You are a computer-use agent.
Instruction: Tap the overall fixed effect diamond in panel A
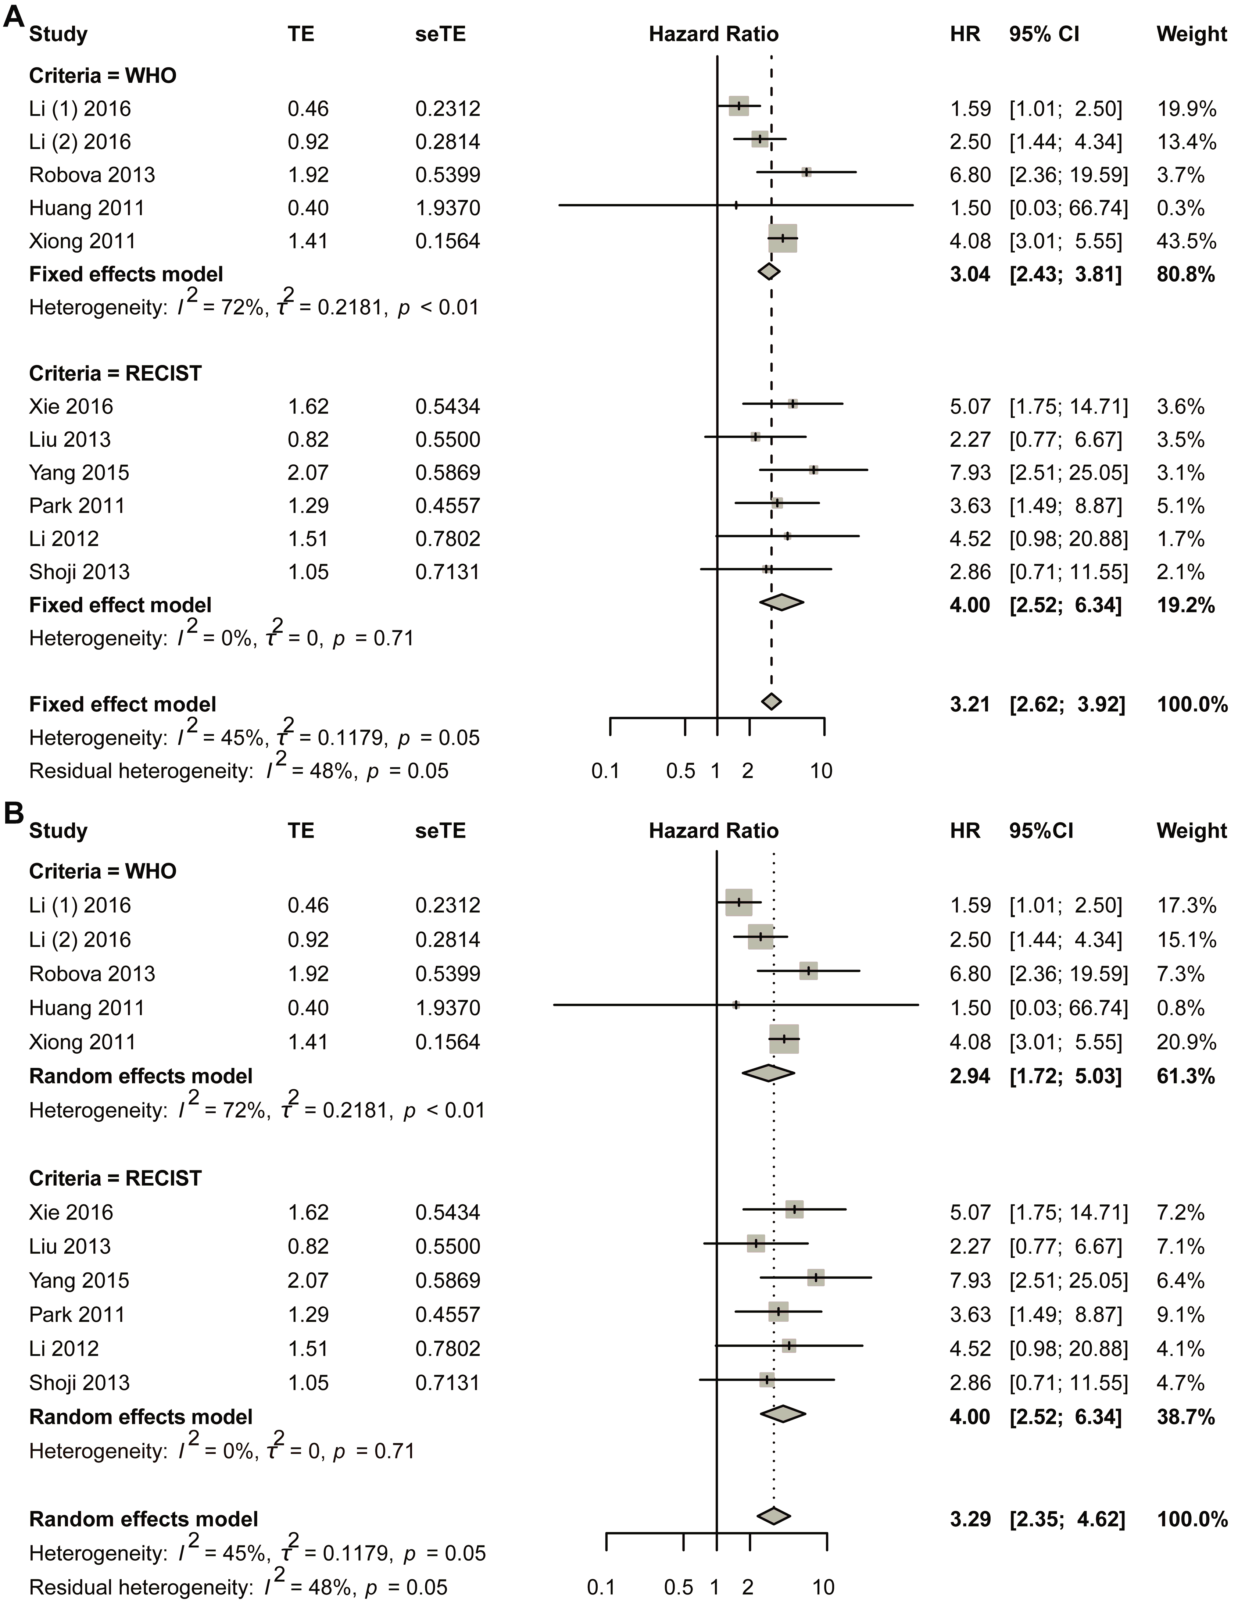[x=771, y=701]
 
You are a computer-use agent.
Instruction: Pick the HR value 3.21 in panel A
[x=970, y=704]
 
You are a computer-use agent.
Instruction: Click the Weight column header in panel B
[x=1191, y=830]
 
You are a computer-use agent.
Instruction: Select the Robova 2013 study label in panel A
[x=92, y=175]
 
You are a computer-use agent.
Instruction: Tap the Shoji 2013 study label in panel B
[x=79, y=1383]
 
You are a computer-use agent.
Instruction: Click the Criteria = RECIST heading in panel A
[x=115, y=373]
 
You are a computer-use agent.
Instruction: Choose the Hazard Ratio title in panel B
[x=713, y=830]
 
